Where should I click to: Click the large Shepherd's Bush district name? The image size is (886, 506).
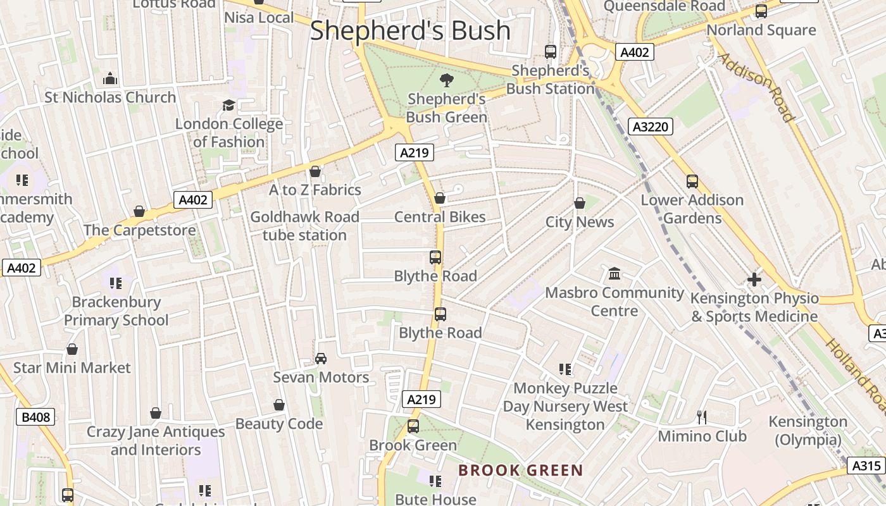(x=410, y=30)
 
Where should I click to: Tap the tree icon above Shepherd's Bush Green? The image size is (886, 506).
(x=447, y=80)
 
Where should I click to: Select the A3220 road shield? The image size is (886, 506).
(x=651, y=127)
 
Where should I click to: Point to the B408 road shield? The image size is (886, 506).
(x=35, y=417)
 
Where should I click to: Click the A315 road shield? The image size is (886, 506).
(x=866, y=466)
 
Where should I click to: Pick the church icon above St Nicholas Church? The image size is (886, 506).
(x=110, y=79)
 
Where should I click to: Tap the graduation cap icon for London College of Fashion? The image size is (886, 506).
(x=228, y=105)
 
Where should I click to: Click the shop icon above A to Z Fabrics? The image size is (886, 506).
(x=315, y=171)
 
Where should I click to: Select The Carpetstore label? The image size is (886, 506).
(x=140, y=230)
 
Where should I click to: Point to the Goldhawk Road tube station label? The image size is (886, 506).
(x=304, y=226)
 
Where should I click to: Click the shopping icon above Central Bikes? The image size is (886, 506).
(x=440, y=199)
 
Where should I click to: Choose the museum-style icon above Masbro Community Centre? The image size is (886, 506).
(x=615, y=274)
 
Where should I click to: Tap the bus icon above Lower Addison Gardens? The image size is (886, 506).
(x=692, y=182)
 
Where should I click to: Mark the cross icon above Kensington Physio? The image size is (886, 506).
(x=754, y=279)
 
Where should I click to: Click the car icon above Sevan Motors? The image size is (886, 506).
(x=321, y=359)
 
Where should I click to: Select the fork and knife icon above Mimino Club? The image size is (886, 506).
(x=701, y=417)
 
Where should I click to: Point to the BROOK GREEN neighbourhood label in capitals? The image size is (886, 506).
(x=520, y=471)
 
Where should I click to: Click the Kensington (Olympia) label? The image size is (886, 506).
(x=808, y=431)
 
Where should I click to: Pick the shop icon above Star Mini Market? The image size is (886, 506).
(x=72, y=349)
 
